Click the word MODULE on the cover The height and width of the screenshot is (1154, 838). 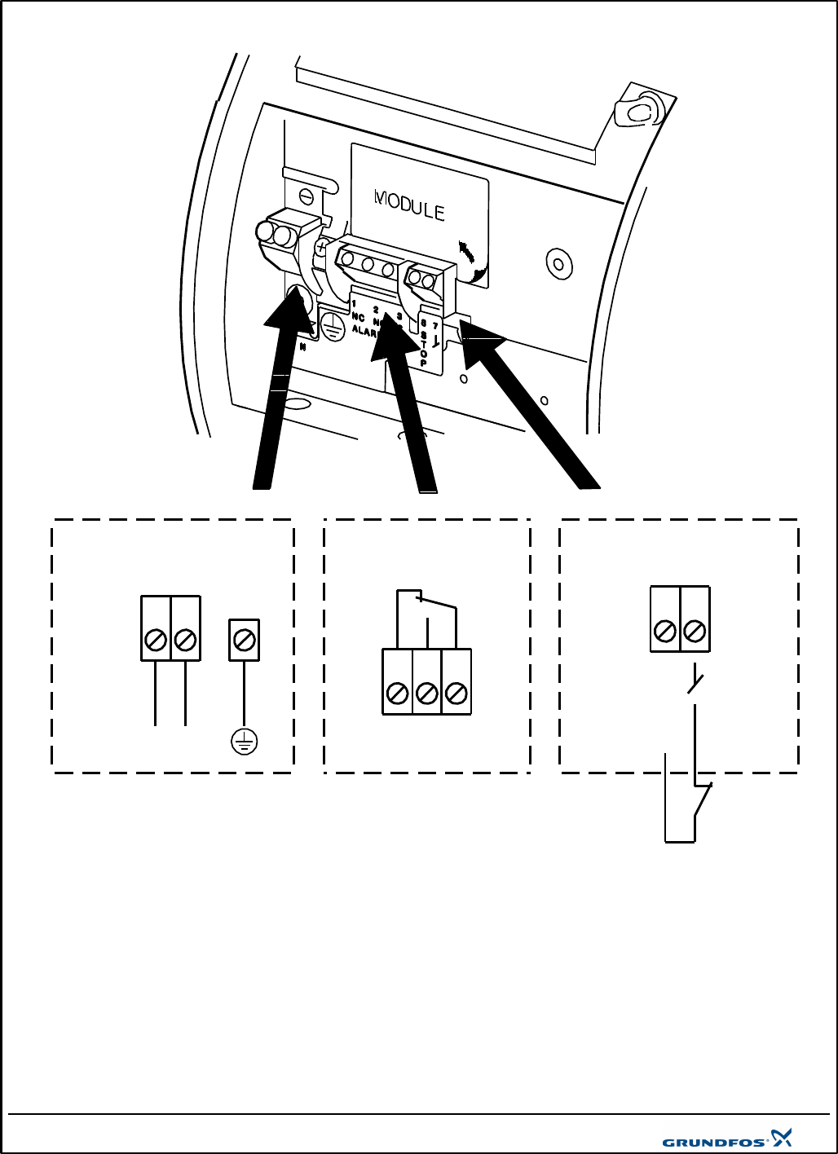409,205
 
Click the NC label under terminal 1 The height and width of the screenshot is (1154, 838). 358,317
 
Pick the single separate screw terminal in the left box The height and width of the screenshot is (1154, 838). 244,640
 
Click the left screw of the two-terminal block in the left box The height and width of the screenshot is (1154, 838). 156,641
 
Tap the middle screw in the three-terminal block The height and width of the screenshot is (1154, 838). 426,694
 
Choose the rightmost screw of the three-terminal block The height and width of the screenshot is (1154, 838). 456,694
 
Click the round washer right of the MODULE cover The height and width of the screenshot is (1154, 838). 558,264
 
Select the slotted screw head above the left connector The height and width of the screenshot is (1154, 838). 306,196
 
